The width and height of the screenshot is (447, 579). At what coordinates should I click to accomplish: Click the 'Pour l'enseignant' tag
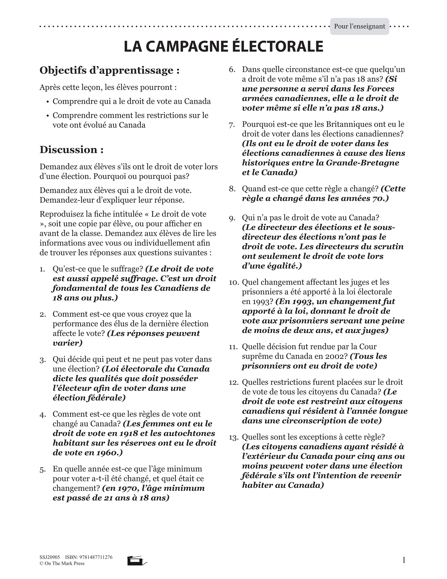click(x=359, y=26)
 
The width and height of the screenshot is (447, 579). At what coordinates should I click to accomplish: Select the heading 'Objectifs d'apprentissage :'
click(x=109, y=71)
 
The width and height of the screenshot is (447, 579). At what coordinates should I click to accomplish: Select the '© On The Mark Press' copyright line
click(x=62, y=563)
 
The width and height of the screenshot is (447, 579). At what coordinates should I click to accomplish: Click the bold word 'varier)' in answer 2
click(x=67, y=343)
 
